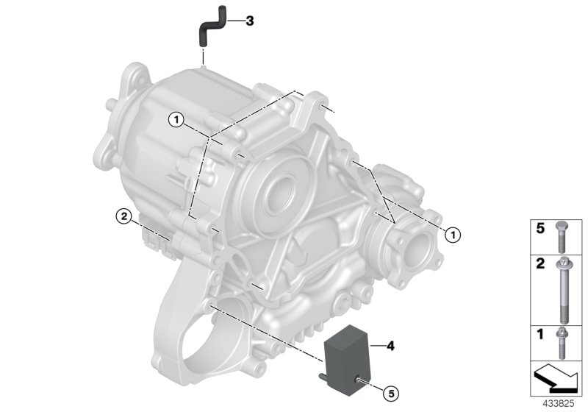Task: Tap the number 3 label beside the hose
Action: (x=250, y=21)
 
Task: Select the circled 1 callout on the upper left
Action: (x=176, y=120)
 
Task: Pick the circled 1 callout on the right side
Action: (x=453, y=235)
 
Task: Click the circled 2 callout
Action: (x=123, y=216)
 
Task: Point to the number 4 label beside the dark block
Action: (x=390, y=346)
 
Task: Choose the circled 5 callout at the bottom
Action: (x=391, y=394)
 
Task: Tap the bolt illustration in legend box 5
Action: (x=562, y=237)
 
